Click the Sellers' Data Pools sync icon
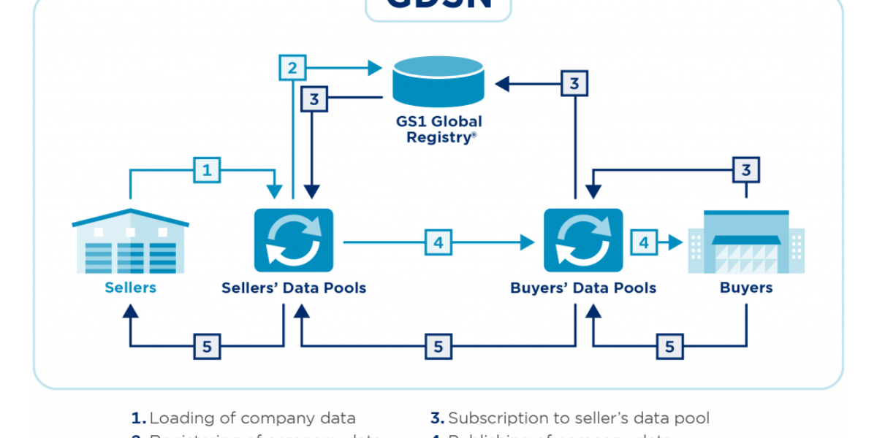point(293,240)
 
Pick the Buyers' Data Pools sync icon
point(583,240)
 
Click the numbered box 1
point(207,171)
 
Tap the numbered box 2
point(292,69)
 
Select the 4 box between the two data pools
point(438,242)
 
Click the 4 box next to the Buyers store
point(645,242)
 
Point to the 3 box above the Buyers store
point(746,171)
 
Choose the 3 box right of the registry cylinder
point(574,84)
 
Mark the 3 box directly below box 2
point(314,99)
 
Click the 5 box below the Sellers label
point(207,347)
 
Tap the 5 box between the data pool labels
point(438,347)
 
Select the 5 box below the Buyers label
point(669,347)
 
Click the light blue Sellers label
point(130,288)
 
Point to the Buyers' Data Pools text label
point(583,288)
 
